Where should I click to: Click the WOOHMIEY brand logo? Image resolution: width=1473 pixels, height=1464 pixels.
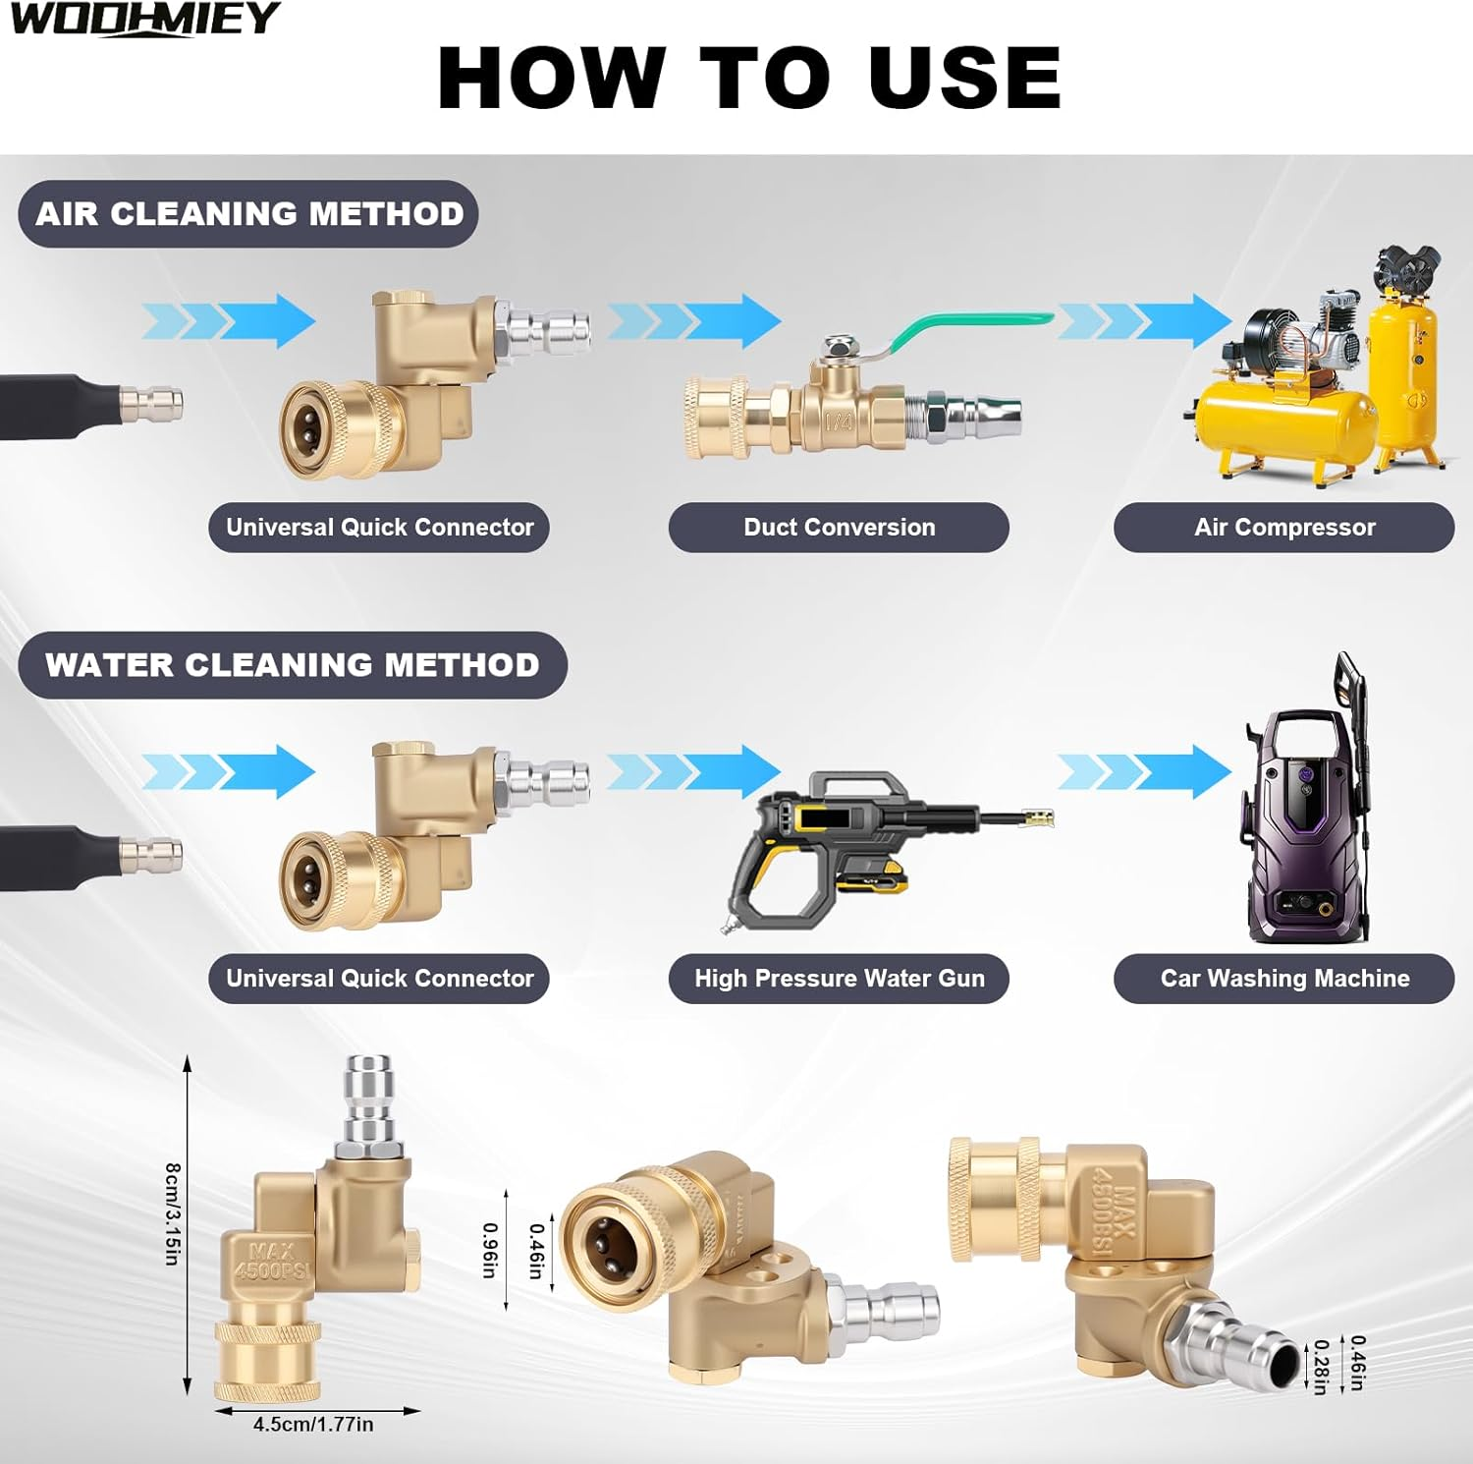pos(145,19)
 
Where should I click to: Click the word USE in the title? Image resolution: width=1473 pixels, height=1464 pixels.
pos(964,78)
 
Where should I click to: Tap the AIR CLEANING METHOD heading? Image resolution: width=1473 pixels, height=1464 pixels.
pos(248,213)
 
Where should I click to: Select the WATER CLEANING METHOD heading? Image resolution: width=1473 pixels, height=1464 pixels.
pos(293,665)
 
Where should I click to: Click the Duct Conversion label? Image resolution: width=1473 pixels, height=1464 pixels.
pos(839,528)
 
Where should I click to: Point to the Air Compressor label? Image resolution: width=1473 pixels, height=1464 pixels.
pos(1283,528)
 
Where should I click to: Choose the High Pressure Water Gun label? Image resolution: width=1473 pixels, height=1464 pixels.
pos(839,979)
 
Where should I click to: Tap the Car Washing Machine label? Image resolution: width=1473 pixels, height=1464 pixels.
pos(1283,979)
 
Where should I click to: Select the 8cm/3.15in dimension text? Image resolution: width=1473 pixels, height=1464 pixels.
pos(172,1213)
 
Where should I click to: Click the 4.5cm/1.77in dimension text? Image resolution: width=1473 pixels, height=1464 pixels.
pos(313,1425)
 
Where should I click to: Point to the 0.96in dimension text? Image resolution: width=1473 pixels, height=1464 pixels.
pos(489,1250)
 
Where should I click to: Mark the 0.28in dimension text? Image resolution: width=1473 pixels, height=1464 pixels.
pos(1322,1367)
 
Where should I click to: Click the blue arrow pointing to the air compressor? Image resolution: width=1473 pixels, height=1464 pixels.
pos(1145,320)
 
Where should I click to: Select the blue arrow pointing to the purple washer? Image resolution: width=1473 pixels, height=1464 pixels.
pos(1145,771)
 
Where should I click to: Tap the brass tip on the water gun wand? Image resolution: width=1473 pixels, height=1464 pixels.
pos(1037,817)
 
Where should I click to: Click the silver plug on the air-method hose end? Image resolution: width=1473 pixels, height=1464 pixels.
pos(150,404)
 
